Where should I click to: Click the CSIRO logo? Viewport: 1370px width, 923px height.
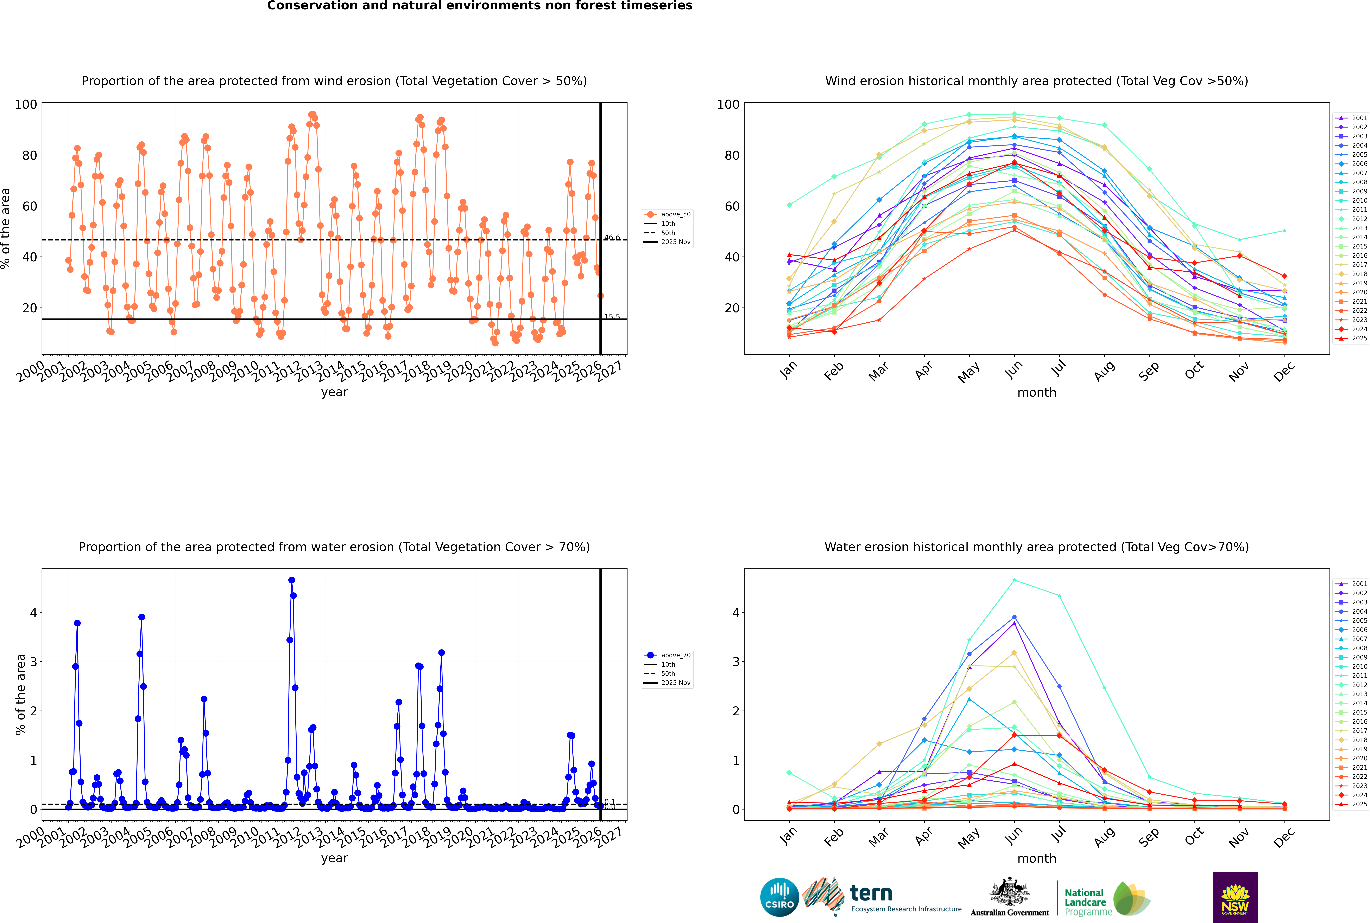click(779, 897)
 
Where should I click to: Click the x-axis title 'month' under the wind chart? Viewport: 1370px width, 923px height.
click(1037, 393)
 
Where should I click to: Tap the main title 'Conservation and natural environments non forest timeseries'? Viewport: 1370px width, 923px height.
click(479, 6)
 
